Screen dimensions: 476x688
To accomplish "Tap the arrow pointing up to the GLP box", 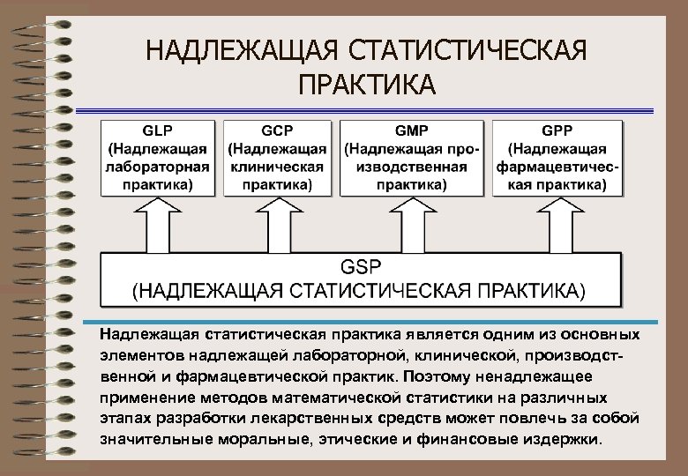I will (160, 224).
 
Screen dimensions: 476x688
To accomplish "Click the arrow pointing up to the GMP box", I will (412, 224).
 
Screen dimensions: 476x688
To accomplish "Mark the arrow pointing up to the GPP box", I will (557, 224).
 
